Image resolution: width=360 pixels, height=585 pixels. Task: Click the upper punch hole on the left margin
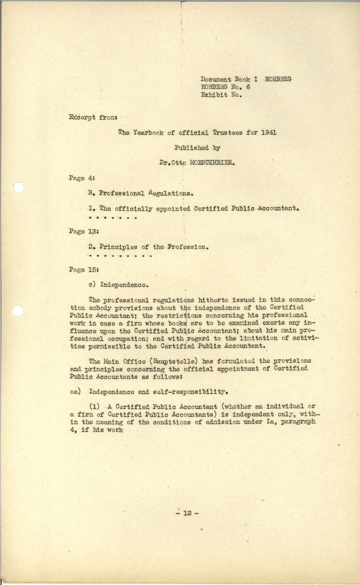click(18, 187)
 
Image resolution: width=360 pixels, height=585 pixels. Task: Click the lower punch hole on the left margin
click(18, 310)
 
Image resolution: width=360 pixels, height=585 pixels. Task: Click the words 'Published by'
click(198, 148)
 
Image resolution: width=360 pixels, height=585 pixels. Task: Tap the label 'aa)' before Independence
click(75, 391)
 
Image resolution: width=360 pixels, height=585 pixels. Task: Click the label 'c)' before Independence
click(94, 284)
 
